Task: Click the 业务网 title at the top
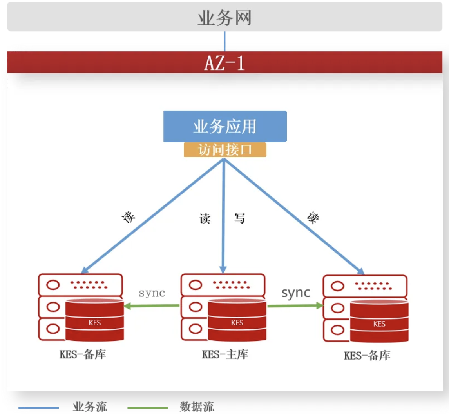click(224, 18)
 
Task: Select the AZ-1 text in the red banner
click(224, 62)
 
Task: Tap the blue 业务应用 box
click(225, 126)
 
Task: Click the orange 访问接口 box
click(225, 150)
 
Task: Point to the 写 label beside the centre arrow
click(239, 218)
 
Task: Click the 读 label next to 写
click(205, 218)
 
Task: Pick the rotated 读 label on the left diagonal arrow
click(129, 217)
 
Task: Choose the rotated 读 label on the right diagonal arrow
click(312, 217)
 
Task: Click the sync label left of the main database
click(152, 293)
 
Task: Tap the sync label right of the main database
click(296, 293)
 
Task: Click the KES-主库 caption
click(225, 354)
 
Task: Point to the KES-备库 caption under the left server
click(83, 354)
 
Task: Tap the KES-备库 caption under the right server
click(367, 356)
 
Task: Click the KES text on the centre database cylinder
click(237, 323)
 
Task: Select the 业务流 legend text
click(90, 407)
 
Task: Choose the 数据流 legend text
click(197, 407)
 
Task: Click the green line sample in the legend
click(147, 408)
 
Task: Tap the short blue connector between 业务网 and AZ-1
click(224, 41)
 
